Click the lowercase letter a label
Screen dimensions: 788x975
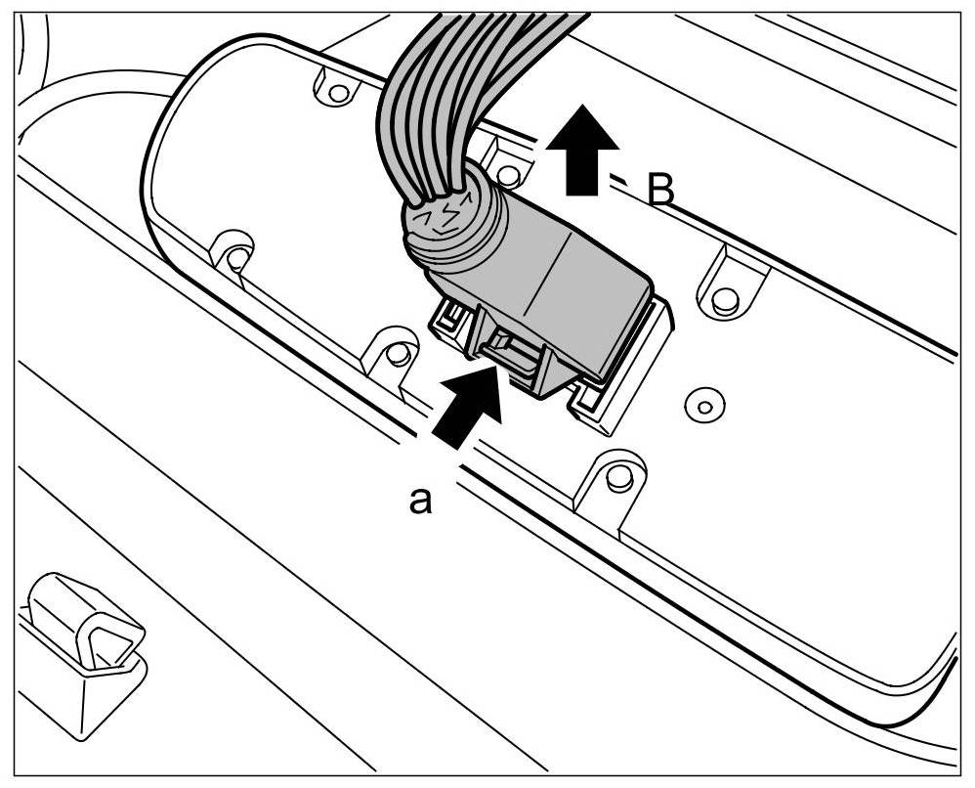point(420,502)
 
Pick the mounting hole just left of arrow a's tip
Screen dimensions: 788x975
point(397,353)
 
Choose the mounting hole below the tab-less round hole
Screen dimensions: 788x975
point(615,479)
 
